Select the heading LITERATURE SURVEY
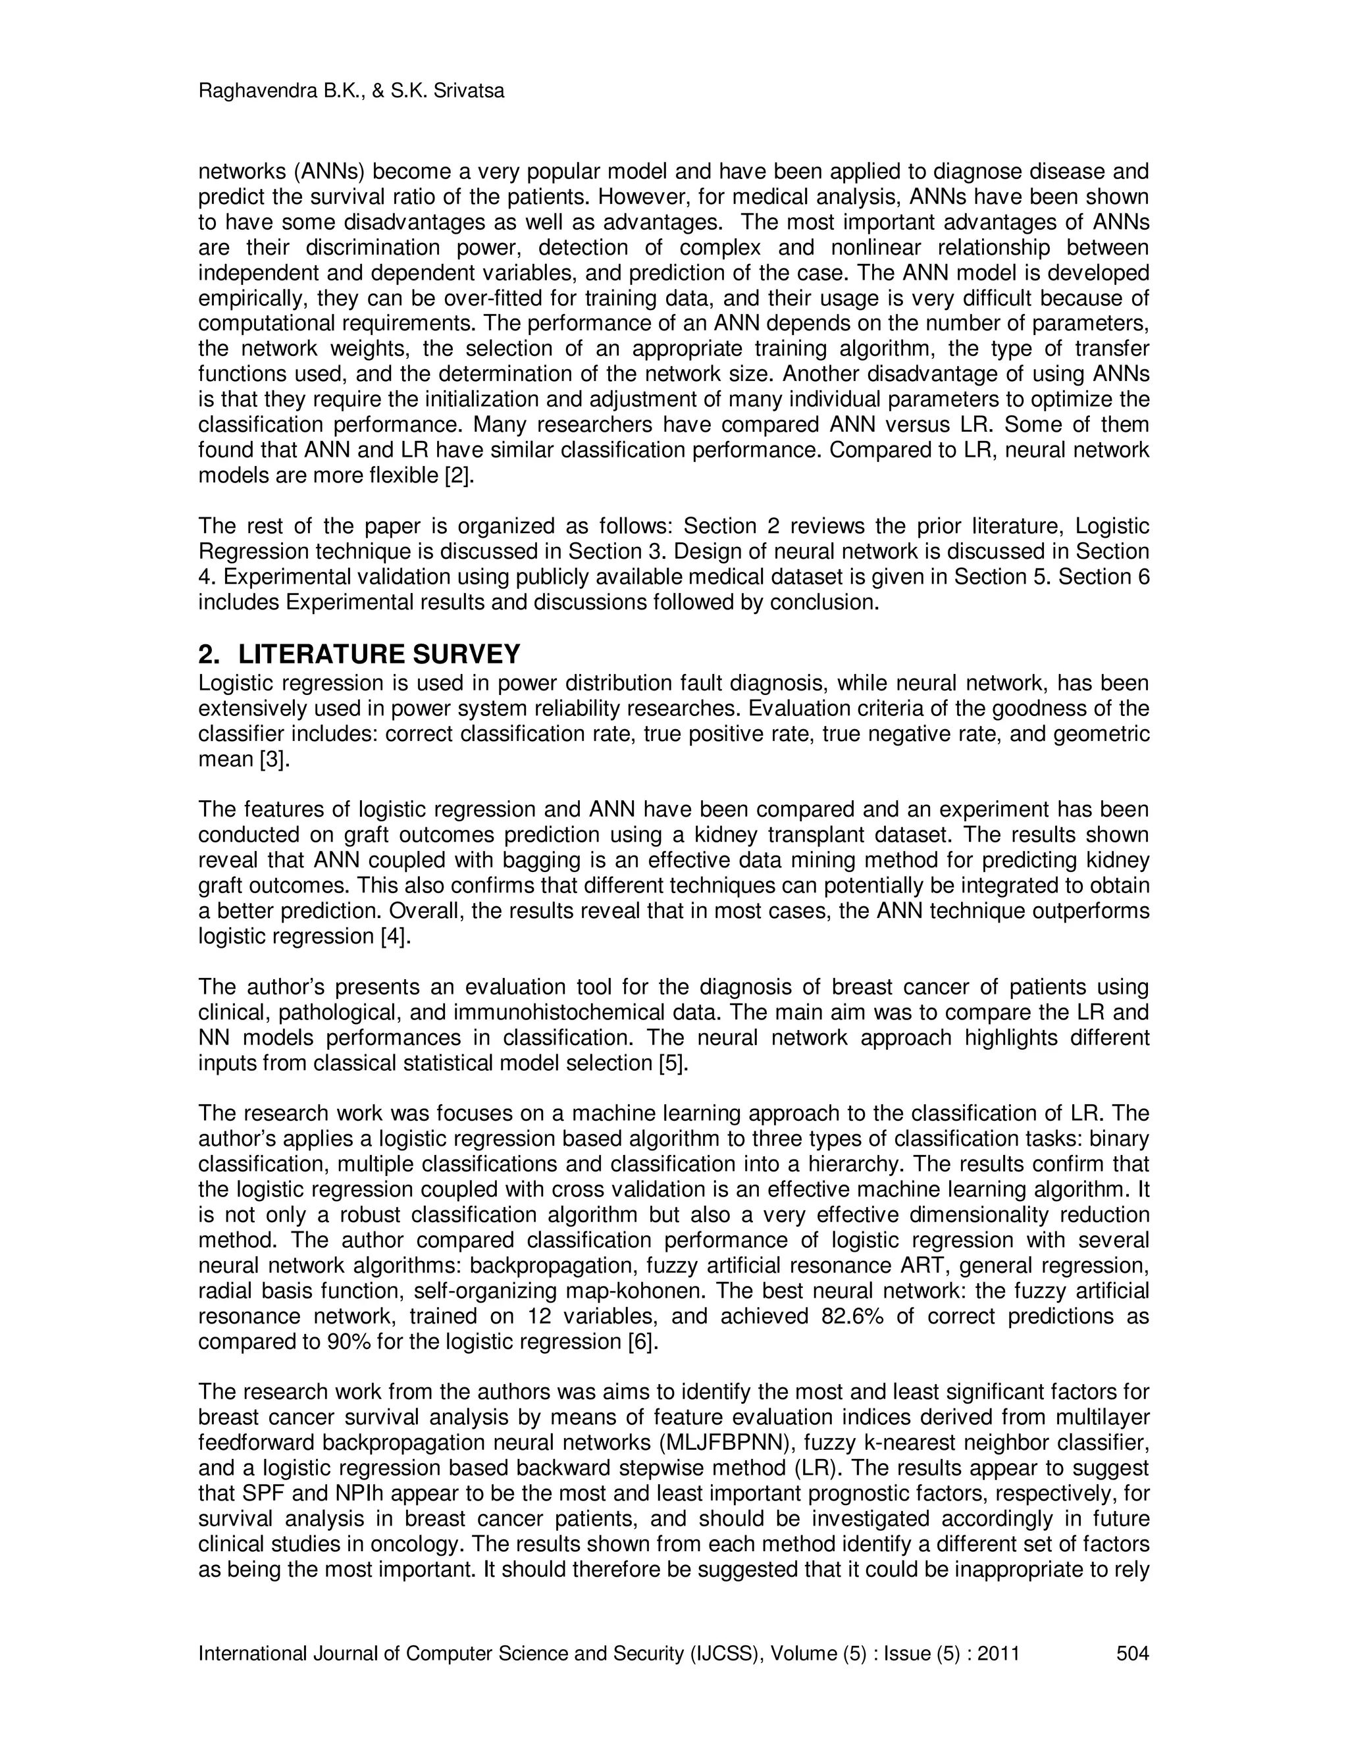tap(379, 655)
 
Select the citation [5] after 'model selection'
tap(673, 1063)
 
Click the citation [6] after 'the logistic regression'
tap(644, 1341)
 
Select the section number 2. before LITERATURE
tap(209, 655)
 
